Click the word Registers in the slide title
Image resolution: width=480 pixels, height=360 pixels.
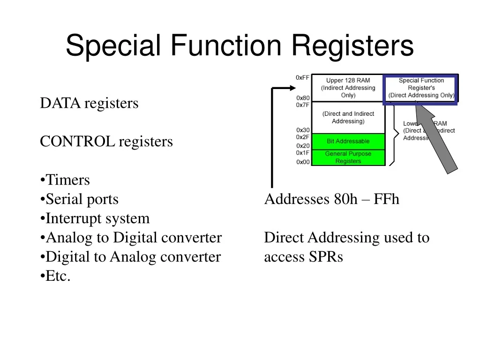click(x=353, y=46)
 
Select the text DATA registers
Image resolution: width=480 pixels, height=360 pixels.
click(x=89, y=103)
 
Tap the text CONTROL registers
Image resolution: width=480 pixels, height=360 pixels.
click(x=106, y=142)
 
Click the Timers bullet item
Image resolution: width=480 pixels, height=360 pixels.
click(x=65, y=180)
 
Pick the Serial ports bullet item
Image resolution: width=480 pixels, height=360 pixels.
click(x=80, y=199)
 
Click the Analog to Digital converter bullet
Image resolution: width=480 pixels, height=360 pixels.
click(x=131, y=238)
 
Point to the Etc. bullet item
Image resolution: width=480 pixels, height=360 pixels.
click(x=56, y=276)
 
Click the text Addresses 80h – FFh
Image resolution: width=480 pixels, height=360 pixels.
click(x=331, y=199)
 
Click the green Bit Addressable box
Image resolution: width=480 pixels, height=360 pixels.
click(x=348, y=141)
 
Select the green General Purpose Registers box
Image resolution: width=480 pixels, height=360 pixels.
click(x=348, y=157)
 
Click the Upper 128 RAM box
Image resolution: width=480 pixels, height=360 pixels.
click(x=348, y=88)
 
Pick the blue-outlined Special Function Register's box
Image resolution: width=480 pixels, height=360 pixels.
click(x=420, y=89)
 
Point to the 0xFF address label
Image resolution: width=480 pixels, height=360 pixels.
click(x=302, y=77)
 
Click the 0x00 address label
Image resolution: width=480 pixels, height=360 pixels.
click(x=303, y=162)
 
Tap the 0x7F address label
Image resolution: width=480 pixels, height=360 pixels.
click(x=302, y=105)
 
